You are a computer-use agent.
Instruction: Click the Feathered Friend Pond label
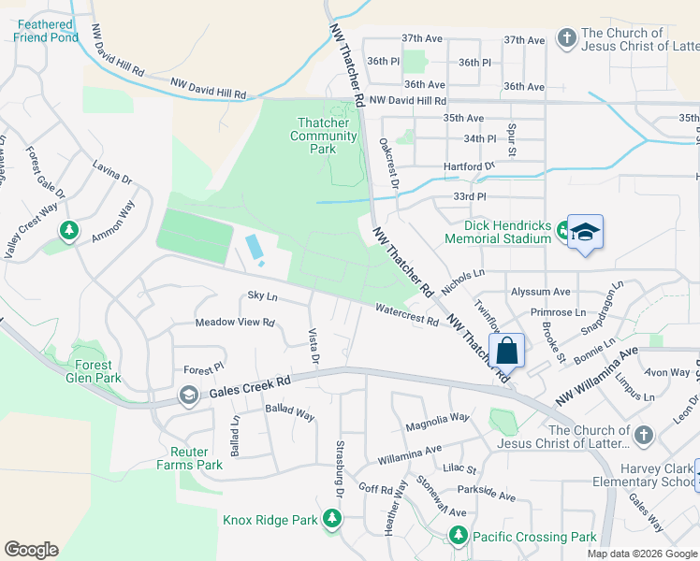[45, 31]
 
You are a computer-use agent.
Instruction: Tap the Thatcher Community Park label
[324, 136]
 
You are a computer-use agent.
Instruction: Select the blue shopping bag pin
[506, 352]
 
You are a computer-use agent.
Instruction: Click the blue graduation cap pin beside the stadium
[585, 232]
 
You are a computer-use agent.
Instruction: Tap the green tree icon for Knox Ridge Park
[331, 518]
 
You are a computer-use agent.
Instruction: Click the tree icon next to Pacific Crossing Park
[458, 535]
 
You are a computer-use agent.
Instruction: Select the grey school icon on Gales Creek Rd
[188, 395]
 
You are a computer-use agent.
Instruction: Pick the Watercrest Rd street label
[407, 314]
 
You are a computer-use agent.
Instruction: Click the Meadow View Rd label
[234, 323]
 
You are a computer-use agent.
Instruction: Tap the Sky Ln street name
[262, 295]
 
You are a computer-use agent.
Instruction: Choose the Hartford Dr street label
[469, 166]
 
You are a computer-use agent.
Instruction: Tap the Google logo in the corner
[31, 550]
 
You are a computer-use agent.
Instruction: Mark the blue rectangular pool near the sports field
[254, 248]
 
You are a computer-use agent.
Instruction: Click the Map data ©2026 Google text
[641, 554]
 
